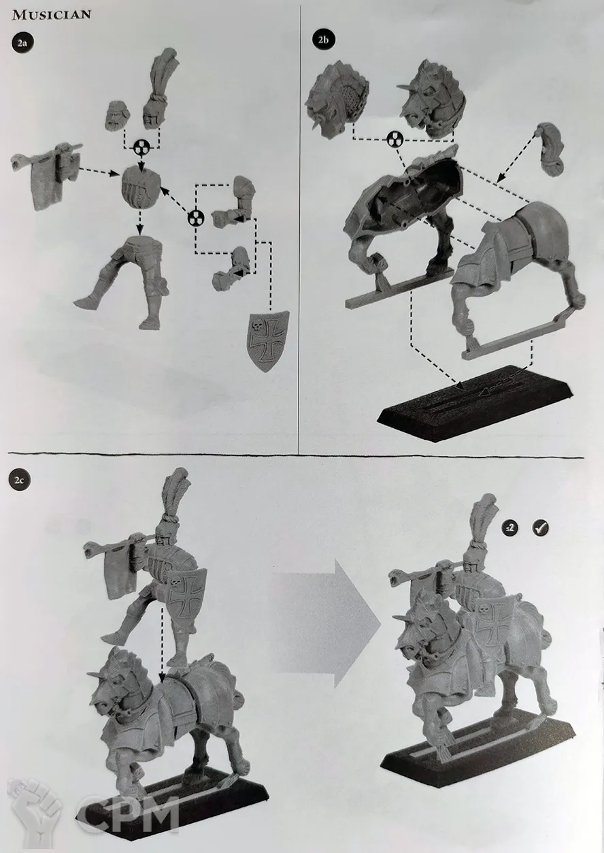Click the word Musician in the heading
pyautogui.click(x=52, y=15)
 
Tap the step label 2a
pyautogui.click(x=22, y=43)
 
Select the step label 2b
pyautogui.click(x=323, y=39)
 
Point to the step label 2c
pyautogui.click(x=20, y=480)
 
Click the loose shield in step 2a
pyautogui.click(x=268, y=341)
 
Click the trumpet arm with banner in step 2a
pyautogui.click(x=46, y=174)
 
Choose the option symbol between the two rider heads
pyautogui.click(x=141, y=147)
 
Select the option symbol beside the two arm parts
pyautogui.click(x=197, y=219)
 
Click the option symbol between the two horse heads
pyautogui.click(x=395, y=140)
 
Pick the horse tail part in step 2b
pyautogui.click(x=551, y=148)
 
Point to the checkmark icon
pyautogui.click(x=541, y=528)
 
